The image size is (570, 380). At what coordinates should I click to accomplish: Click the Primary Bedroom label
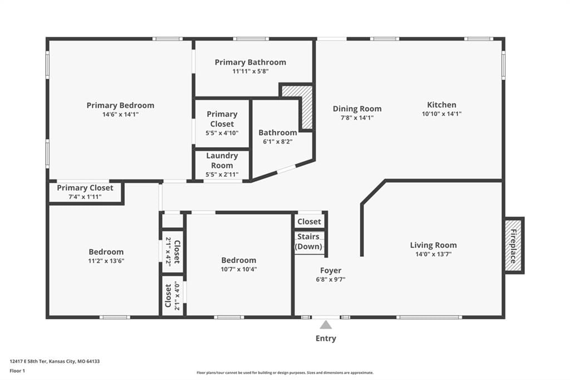tap(120, 105)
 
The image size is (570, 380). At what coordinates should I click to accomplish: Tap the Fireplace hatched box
tap(513, 245)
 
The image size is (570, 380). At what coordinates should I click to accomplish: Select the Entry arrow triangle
tap(326, 325)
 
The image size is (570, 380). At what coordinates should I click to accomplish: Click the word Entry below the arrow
tap(326, 339)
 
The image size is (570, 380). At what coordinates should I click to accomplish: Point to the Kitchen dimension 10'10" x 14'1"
tap(441, 114)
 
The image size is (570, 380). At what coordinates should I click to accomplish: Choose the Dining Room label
tap(357, 109)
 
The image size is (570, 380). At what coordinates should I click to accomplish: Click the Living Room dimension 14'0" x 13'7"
tap(433, 254)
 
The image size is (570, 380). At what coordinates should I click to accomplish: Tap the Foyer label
tap(331, 270)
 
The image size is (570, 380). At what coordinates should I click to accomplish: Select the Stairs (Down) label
tap(308, 241)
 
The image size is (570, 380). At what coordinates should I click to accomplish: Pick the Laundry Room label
tap(222, 160)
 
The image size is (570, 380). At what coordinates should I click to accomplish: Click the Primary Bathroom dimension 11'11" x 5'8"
tap(250, 71)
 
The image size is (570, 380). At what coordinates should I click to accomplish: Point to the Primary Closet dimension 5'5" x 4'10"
tap(222, 133)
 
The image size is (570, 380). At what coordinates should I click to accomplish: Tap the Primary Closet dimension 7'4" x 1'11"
tap(85, 197)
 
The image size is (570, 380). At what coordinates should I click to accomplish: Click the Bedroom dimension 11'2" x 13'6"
tap(106, 261)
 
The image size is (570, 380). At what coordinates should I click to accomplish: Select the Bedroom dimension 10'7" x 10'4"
tap(239, 269)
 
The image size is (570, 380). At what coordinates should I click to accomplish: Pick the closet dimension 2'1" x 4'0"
tap(177, 295)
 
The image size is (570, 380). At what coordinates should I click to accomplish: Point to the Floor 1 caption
tap(17, 371)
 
